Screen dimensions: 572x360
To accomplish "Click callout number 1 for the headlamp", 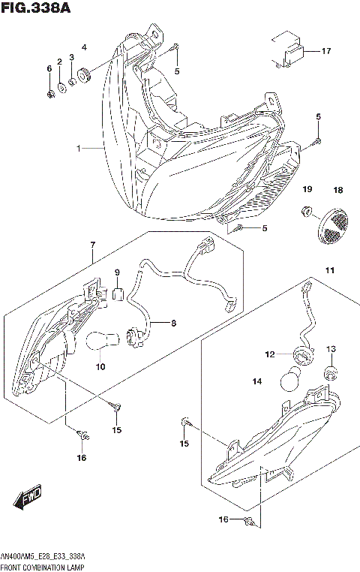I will (x=77, y=149).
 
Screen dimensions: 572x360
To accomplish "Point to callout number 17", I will (x=325, y=51).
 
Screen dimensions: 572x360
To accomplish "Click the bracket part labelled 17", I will (x=287, y=51).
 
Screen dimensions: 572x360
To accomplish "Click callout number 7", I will (x=92, y=245).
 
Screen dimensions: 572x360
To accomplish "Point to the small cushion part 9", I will (x=117, y=291).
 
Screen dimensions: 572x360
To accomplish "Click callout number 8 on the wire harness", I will (x=172, y=324).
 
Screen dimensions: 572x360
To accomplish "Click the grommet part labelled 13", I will (x=330, y=372).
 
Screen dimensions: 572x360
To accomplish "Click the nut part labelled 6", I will (x=49, y=94).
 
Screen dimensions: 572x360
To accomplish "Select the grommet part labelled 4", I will (x=83, y=73).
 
